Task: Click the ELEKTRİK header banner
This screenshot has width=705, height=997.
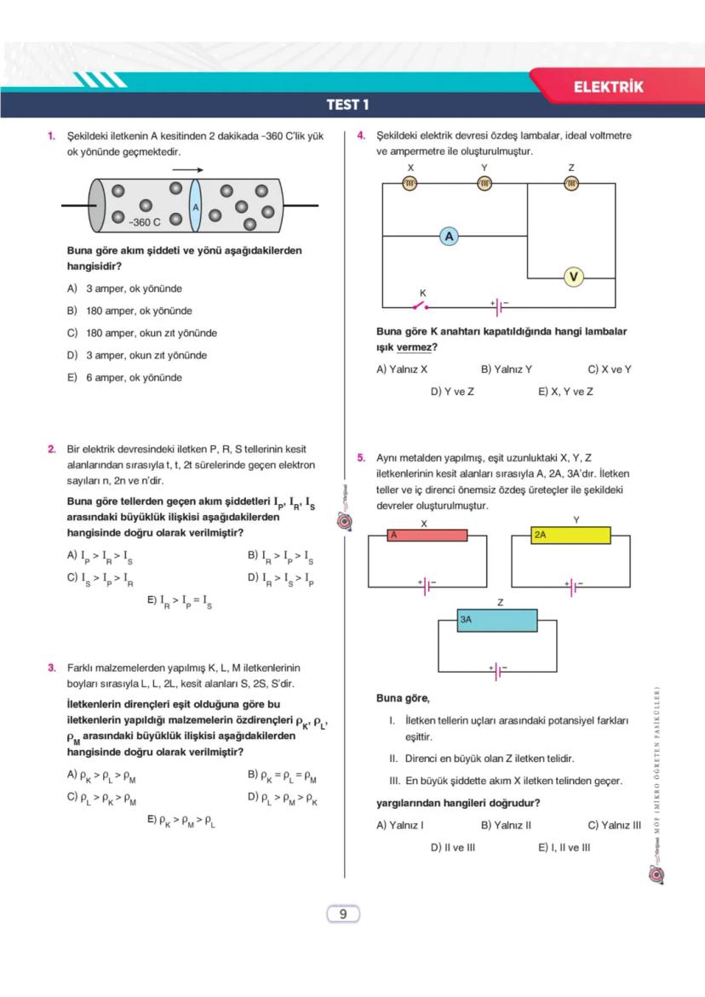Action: pos(608,87)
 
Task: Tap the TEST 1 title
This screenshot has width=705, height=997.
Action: pos(347,106)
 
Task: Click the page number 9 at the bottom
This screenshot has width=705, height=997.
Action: pos(343,914)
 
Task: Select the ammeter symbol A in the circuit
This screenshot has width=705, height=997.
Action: pos(450,236)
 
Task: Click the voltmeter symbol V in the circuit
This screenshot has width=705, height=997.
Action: pos(573,277)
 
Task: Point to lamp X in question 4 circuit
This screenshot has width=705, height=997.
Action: pos(410,183)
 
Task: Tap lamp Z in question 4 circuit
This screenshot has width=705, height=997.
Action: pos(571,183)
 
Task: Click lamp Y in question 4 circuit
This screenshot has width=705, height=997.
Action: pos(484,183)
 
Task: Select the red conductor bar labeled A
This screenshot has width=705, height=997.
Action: pos(427,536)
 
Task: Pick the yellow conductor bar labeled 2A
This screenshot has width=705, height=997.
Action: pos(570,536)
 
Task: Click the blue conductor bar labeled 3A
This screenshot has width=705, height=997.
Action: pos(497,621)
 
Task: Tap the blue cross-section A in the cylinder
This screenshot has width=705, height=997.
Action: pos(195,207)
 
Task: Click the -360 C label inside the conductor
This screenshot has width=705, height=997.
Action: pos(145,222)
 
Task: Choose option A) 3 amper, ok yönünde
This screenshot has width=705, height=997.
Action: pos(124,289)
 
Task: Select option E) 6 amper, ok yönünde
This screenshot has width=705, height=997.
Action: pos(124,377)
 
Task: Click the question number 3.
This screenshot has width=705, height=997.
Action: pos(52,668)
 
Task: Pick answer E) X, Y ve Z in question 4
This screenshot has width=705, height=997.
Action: pos(565,392)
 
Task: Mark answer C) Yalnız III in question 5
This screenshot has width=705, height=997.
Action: pos(614,825)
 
